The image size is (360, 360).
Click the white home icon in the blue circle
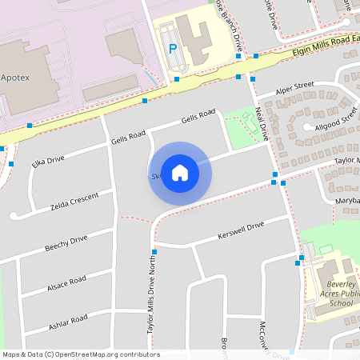click(180, 173)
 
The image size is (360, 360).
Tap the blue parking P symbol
click(172, 49)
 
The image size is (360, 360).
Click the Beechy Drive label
click(66, 243)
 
